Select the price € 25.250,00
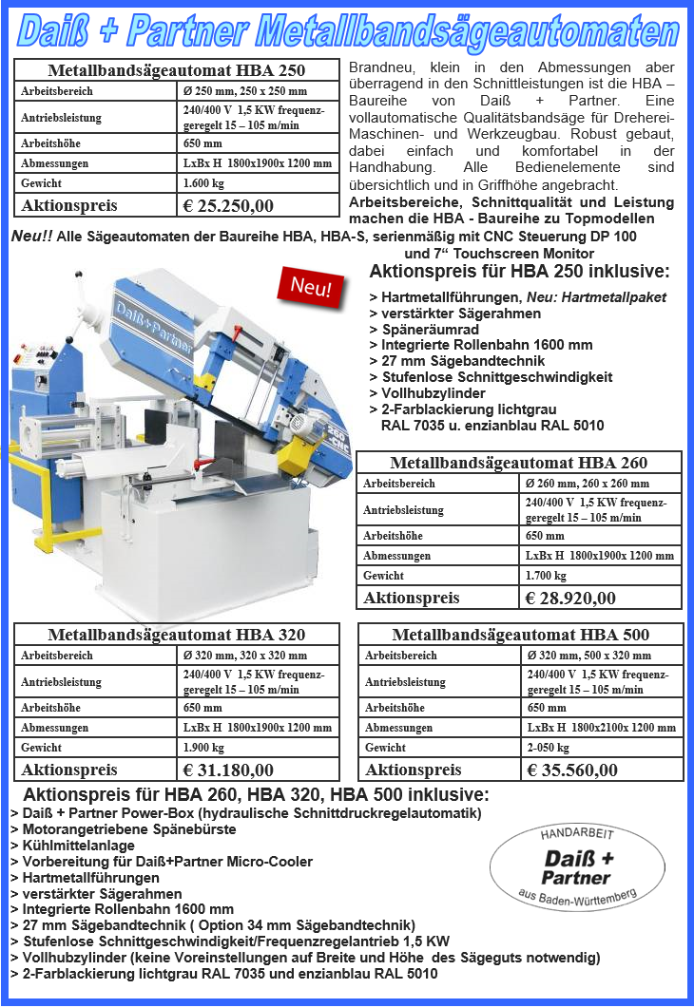228,205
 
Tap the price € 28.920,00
570,598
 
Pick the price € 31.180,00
228,770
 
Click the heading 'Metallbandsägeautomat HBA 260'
519,463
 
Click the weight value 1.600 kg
203,182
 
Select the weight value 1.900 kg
203,748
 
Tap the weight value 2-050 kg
548,748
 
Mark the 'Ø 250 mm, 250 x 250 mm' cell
244,91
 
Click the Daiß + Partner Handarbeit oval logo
577,866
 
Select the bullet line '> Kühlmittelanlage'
73,846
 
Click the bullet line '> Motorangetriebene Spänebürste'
124,829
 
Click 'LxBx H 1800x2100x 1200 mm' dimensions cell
601,728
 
